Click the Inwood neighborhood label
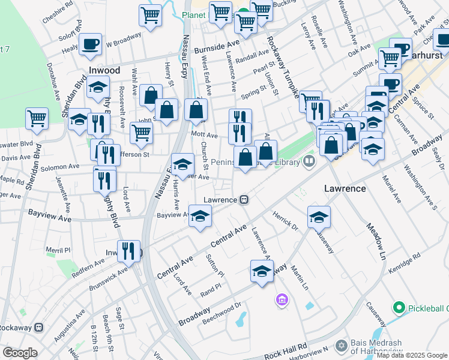pos(104,70)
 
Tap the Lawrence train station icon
pos(244,199)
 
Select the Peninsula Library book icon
pos(309,161)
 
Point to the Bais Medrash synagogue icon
pos(342,346)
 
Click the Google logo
pos(20,353)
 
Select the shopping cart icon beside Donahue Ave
pos(37,118)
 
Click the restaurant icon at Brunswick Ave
pos(128,251)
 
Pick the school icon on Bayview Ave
pos(200,215)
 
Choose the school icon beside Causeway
pos(319,217)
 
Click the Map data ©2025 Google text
pos(412,355)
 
